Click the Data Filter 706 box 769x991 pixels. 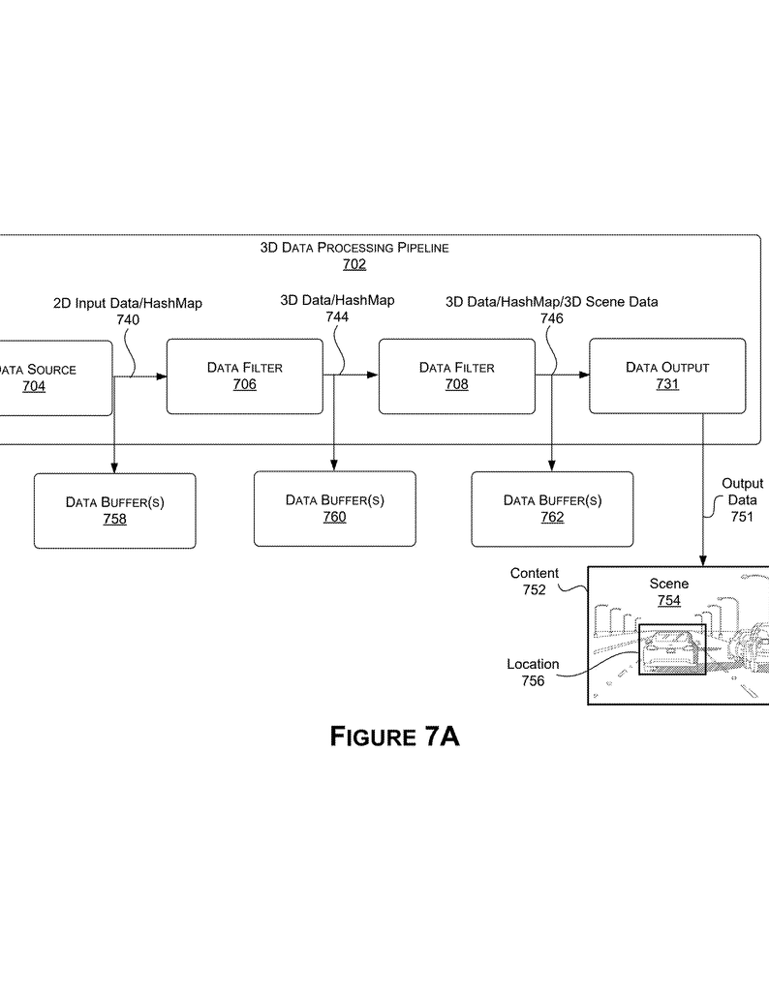[244, 375]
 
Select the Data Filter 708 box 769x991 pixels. [456, 375]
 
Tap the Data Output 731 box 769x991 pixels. [667, 375]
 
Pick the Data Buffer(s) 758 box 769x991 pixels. [114, 510]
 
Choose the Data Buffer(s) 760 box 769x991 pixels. [334, 508]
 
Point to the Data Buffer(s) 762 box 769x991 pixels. [552, 508]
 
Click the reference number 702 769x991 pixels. [354, 264]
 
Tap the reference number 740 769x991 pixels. [128, 319]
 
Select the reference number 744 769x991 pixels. [337, 316]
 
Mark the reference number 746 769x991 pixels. [551, 317]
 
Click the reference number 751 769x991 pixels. [742, 517]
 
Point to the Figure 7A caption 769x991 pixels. [395, 736]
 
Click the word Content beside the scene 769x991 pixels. [535, 574]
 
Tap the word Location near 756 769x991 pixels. [533, 664]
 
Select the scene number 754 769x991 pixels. [669, 600]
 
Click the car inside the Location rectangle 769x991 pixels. [671, 649]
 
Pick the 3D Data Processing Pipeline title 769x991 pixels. [354, 248]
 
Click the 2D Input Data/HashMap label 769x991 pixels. [128, 303]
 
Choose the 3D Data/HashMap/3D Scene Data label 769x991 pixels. [551, 302]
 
